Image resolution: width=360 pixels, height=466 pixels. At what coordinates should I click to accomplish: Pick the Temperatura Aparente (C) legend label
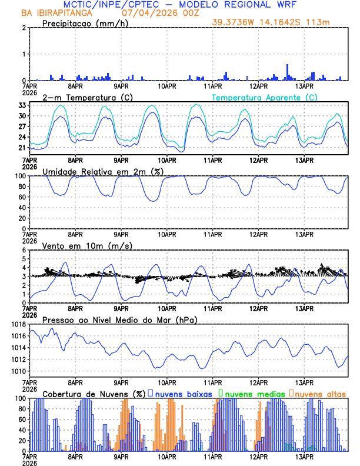click(x=264, y=97)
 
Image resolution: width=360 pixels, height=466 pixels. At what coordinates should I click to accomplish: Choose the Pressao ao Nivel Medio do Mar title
click(x=119, y=319)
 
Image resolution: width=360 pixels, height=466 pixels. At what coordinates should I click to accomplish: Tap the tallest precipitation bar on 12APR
click(x=287, y=72)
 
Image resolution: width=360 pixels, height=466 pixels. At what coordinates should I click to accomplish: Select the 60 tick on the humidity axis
click(x=22, y=197)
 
